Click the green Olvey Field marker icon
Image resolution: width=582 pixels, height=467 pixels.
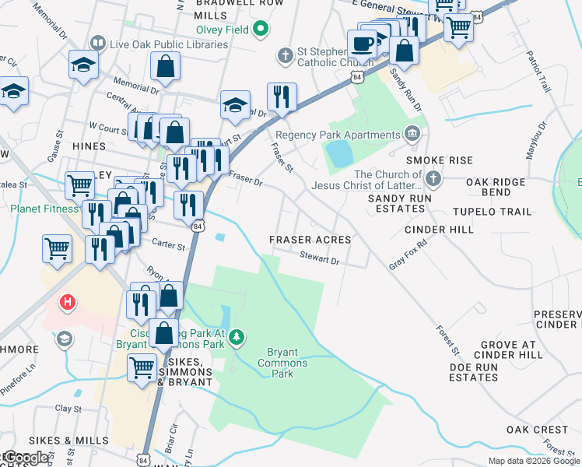tap(261, 30)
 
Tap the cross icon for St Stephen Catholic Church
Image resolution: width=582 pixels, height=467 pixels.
tap(286, 56)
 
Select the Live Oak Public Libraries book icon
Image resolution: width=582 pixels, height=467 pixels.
tap(98, 44)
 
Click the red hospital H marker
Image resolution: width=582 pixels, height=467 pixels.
tap(68, 301)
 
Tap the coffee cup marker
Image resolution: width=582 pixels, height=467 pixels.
tap(362, 44)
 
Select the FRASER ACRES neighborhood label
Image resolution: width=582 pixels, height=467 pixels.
tap(310, 240)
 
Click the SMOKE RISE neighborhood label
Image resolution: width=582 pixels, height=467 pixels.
tap(439, 160)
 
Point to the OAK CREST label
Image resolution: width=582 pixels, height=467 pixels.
tap(537, 430)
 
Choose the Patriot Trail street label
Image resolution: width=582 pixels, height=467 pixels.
tap(538, 73)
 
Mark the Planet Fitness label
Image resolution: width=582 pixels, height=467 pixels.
tap(44, 209)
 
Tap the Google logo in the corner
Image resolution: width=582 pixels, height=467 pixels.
tap(26, 458)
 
